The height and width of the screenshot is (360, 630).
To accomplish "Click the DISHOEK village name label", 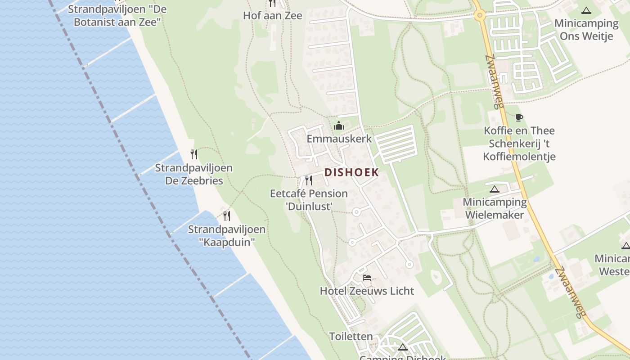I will (x=351, y=172).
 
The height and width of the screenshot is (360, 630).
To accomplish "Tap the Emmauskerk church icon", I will (x=339, y=126).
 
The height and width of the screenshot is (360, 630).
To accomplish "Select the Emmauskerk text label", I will (x=339, y=139).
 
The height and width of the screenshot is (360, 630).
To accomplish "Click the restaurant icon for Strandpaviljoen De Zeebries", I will (x=194, y=154).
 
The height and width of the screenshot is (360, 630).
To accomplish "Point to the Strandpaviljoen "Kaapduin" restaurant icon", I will (x=227, y=216).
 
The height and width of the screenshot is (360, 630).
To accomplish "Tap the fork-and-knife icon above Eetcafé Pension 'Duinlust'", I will (x=309, y=180).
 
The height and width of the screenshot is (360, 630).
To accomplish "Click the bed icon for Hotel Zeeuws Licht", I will (x=367, y=278).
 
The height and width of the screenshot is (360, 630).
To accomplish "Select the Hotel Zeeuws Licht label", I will (x=367, y=291).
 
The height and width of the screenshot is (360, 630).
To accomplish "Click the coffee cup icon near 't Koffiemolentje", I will (x=519, y=117).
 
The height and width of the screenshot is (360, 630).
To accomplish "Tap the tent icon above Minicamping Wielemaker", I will (x=495, y=189).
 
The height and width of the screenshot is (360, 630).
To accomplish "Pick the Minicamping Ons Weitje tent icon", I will (x=586, y=10).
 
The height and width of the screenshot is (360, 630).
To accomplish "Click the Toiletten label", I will (x=351, y=336).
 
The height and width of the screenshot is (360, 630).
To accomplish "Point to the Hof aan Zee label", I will (x=273, y=16).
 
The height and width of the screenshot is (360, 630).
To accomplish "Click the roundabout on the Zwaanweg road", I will (x=480, y=16).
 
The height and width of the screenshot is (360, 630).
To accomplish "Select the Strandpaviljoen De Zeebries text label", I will (x=193, y=174).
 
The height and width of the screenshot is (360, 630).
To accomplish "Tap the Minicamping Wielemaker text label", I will (x=495, y=208).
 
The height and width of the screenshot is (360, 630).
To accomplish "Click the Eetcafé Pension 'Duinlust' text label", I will (x=309, y=200).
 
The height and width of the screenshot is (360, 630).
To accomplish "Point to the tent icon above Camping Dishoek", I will (x=402, y=347).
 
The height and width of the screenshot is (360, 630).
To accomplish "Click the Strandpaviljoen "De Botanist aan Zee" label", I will (x=117, y=15).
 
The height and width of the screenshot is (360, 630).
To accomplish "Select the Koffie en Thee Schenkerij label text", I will (x=519, y=137).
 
